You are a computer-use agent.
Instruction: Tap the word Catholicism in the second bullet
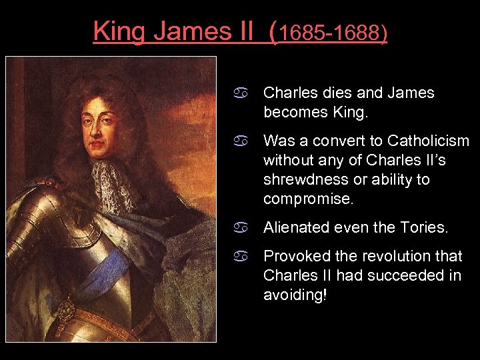click(428, 141)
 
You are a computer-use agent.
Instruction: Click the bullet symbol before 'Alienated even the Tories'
click(246, 228)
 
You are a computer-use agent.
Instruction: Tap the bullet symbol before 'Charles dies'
click(246, 93)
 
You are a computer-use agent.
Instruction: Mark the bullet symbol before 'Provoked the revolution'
click(246, 257)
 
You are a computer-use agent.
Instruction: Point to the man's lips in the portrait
click(97, 143)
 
